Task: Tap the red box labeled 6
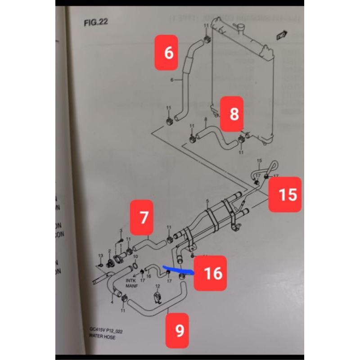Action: [x=169, y=54]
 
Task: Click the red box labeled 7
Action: [x=144, y=218]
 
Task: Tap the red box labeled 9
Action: [x=180, y=331]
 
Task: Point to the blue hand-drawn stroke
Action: [x=178, y=269]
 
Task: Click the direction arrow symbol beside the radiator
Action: [x=282, y=33]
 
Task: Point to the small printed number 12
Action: [x=157, y=286]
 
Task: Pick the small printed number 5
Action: [x=207, y=200]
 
